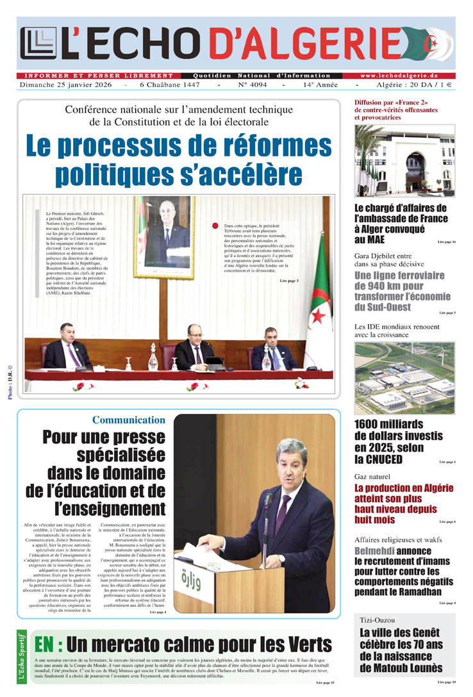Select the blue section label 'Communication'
click(128, 420)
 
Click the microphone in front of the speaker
click(268, 500)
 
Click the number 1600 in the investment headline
click(372, 424)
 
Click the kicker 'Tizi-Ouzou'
click(377, 620)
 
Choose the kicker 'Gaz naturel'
click(372, 477)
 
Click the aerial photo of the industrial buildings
click(404, 377)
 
